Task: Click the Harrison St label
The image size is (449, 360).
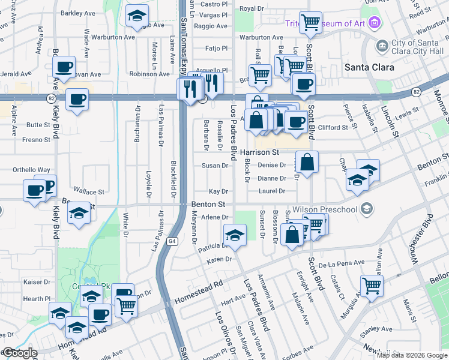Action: [260, 152]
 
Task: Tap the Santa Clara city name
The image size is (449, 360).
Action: [369, 67]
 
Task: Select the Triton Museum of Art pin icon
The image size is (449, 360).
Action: [375, 23]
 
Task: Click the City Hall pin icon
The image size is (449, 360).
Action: [381, 46]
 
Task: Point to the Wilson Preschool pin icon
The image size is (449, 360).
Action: [367, 209]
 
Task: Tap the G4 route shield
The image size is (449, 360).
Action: [172, 241]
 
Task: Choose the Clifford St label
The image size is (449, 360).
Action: [333, 127]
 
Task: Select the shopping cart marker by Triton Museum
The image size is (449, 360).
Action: [310, 22]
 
